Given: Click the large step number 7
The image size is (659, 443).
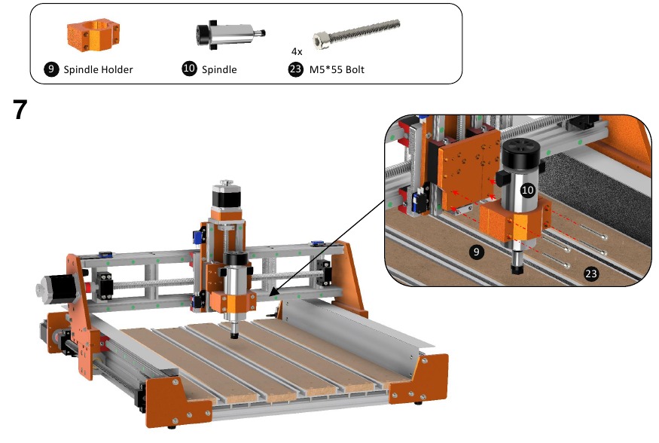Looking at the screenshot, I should click(x=20, y=111).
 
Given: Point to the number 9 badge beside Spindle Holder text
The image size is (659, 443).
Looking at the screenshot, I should click(x=52, y=69).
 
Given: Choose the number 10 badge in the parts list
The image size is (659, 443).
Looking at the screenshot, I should click(x=189, y=69).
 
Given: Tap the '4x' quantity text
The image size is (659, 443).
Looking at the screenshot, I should click(x=297, y=51).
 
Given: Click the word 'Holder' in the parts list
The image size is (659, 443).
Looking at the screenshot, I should click(x=117, y=69).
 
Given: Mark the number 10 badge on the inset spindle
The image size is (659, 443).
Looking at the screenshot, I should click(x=527, y=191).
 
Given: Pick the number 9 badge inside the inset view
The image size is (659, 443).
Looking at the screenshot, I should click(x=476, y=252).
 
